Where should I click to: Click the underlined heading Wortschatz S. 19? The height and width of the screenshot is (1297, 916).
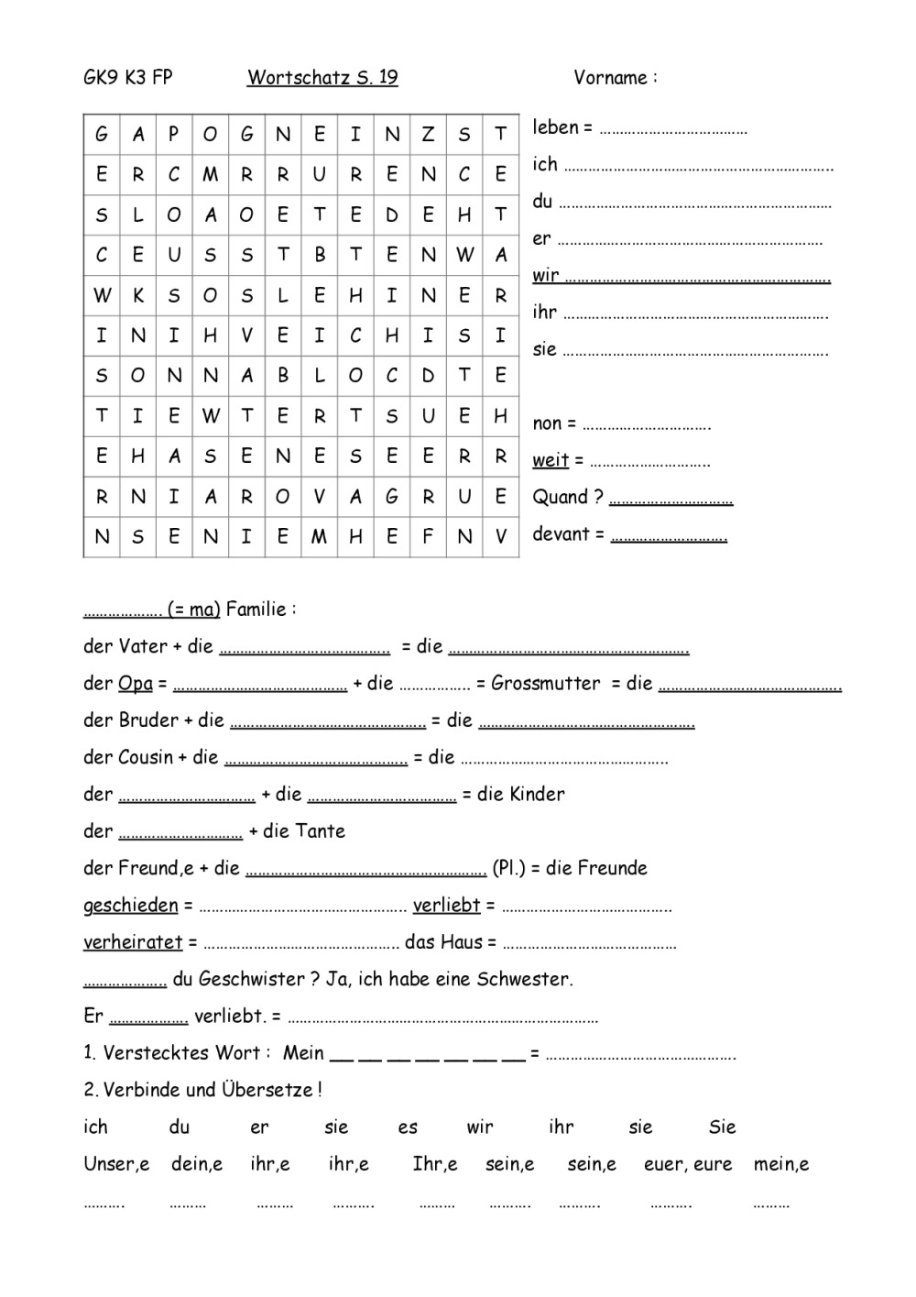[322, 78]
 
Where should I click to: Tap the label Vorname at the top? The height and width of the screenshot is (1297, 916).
[610, 78]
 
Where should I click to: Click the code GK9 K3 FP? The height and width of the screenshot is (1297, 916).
[127, 78]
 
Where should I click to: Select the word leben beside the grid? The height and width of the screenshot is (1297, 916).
[555, 127]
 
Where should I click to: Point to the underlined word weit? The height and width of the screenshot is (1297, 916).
[551, 460]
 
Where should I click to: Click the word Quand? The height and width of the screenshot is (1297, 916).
[560, 497]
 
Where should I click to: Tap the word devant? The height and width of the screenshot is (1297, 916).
[561, 533]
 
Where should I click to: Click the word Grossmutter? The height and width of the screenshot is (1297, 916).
[546, 683]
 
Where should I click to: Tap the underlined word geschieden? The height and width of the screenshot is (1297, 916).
[130, 906]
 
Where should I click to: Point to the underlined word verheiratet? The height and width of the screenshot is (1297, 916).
[133, 942]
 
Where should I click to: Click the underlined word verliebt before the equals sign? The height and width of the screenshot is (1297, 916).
[446, 906]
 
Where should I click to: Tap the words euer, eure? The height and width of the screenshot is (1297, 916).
[688, 1165]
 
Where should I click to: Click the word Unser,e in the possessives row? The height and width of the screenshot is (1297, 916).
[116, 1165]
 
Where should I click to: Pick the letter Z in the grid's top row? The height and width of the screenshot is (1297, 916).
[428, 135]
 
